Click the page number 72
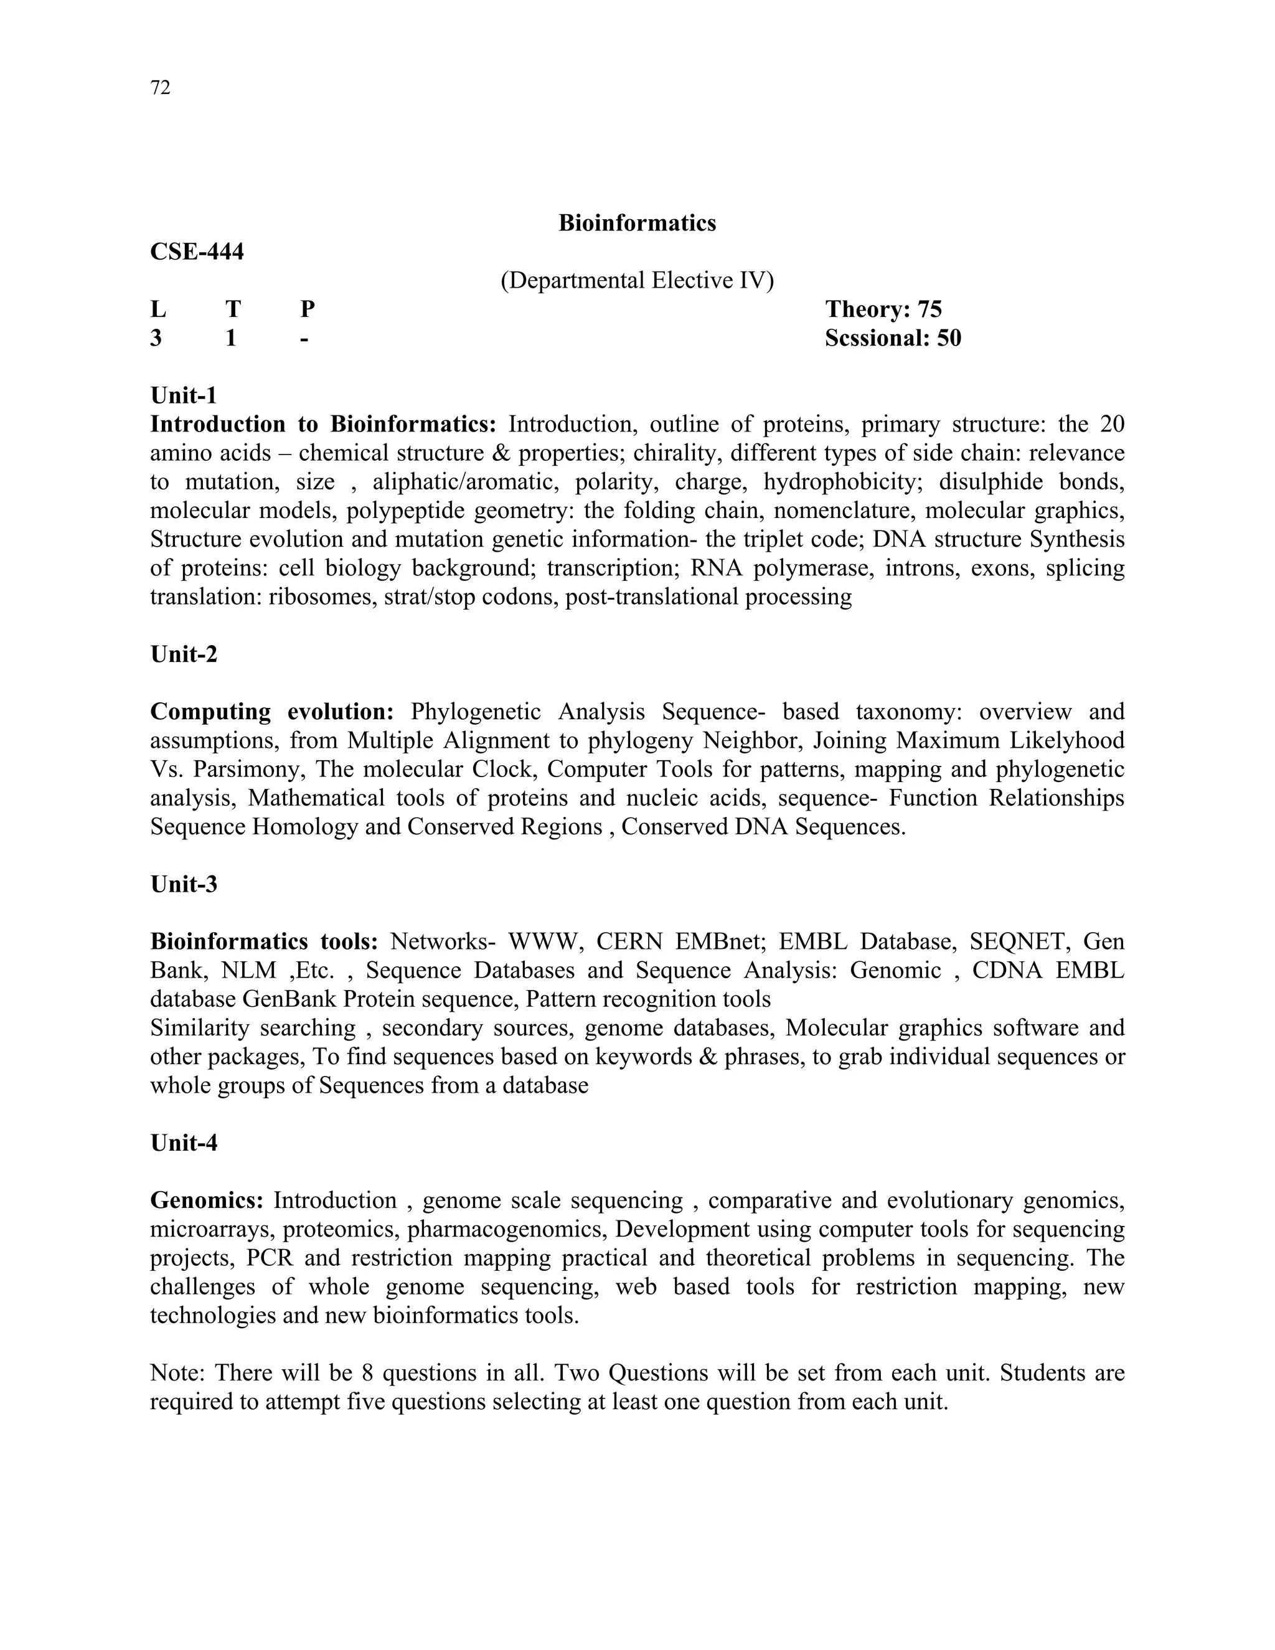tap(160, 88)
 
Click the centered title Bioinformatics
tap(637, 223)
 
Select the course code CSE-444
tap(197, 252)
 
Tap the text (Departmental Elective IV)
tap(637, 280)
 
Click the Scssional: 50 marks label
tap(893, 337)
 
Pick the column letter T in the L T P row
tap(233, 309)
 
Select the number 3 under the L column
tap(156, 337)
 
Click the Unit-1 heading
tap(184, 395)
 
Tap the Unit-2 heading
tap(184, 654)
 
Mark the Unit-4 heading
tap(184, 1143)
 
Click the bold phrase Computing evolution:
tap(272, 712)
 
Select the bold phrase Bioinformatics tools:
tap(263, 941)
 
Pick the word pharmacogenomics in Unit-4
tap(507, 1229)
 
